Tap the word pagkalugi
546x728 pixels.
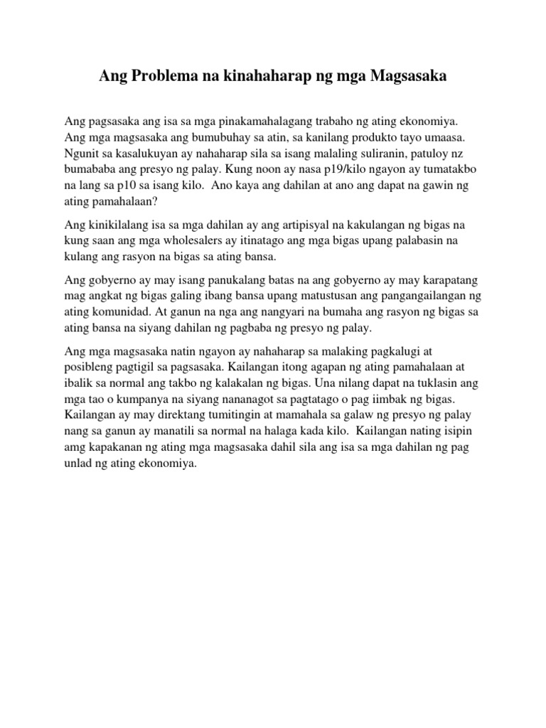point(406,350)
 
